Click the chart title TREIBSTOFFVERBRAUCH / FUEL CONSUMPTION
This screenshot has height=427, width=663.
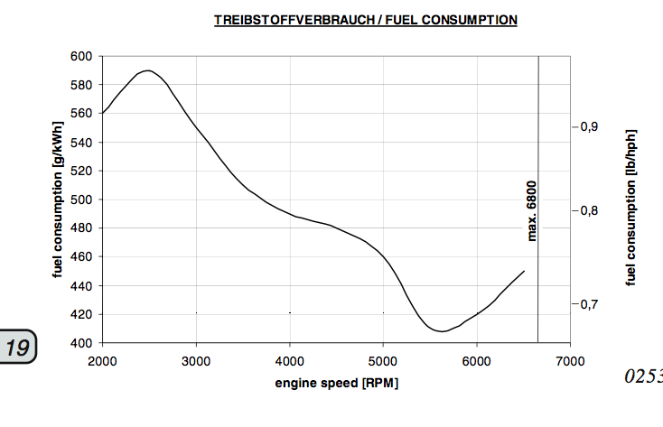point(365,19)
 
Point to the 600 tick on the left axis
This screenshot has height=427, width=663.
point(81,56)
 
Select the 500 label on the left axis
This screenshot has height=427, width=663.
point(81,200)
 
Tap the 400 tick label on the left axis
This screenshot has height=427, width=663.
point(81,343)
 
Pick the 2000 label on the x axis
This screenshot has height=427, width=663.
point(102,360)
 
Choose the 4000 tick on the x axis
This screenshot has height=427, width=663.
point(289,360)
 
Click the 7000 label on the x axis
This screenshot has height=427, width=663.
point(570,360)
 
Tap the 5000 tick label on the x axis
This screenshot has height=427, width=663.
point(383,360)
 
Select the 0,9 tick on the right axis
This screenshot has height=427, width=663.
point(589,126)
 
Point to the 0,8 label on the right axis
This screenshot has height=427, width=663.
point(589,210)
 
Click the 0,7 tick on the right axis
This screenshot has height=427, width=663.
point(589,304)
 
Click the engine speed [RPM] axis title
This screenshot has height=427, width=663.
point(336,383)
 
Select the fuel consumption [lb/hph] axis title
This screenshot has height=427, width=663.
point(631,207)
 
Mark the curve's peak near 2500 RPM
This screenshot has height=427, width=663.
point(146,70)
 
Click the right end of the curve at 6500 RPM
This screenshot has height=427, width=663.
point(524,271)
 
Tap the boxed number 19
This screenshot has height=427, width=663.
point(17,348)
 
